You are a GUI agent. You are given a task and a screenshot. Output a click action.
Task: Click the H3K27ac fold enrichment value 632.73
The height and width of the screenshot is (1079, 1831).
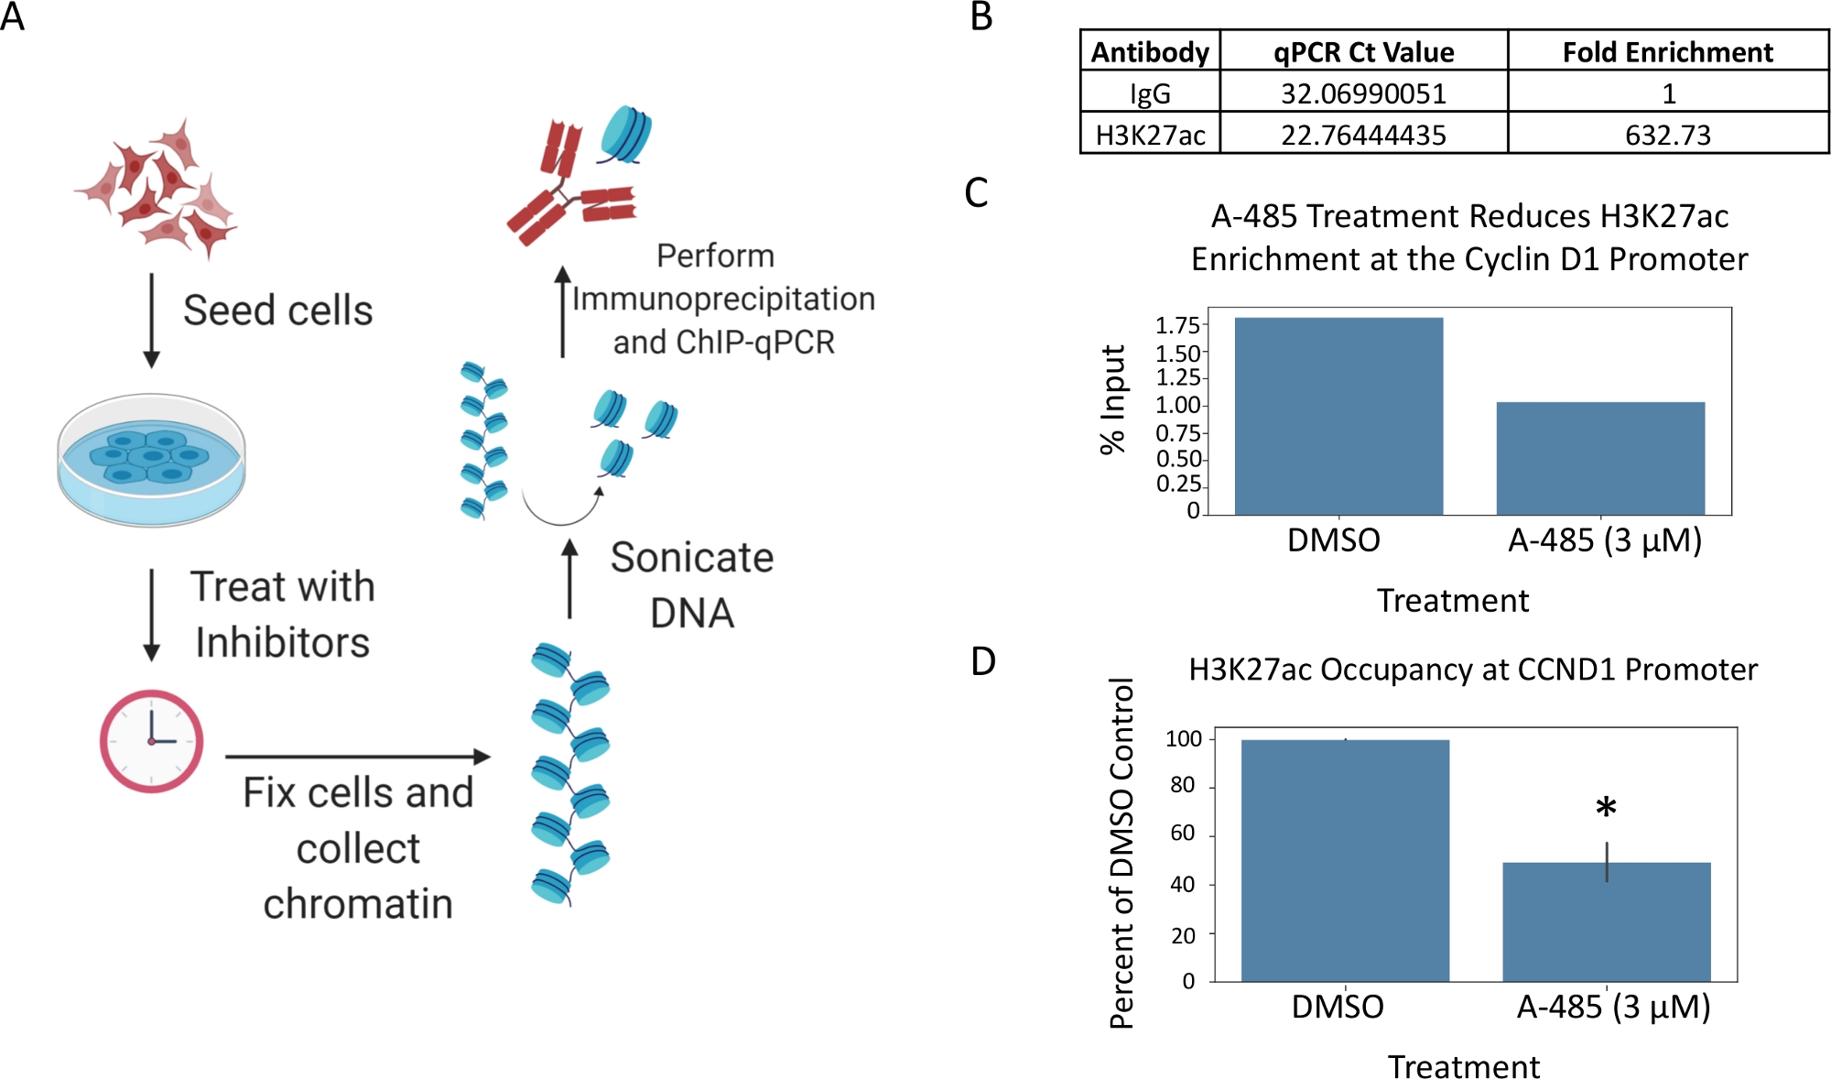click(x=1667, y=135)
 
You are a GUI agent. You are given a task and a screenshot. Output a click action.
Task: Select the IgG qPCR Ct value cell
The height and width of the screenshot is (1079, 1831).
click(x=1363, y=93)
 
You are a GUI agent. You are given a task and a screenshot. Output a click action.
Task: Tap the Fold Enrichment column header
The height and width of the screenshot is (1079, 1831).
click(x=1667, y=52)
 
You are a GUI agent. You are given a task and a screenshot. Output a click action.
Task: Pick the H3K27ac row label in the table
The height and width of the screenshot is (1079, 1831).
click(x=1150, y=135)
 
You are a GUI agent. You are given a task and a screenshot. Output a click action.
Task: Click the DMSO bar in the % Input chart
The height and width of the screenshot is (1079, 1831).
click(x=1338, y=416)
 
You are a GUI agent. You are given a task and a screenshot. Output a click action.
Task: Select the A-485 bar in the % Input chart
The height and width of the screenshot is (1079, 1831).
click(x=1600, y=458)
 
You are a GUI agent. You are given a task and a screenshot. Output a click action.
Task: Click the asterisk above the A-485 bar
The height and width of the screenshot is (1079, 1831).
click(x=1606, y=808)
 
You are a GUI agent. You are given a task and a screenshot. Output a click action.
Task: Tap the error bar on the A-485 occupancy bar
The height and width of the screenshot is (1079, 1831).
click(x=1607, y=862)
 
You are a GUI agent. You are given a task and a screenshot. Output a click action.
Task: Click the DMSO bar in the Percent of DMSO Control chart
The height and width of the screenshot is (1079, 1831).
click(x=1345, y=860)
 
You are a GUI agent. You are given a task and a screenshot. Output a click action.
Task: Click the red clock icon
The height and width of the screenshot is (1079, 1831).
click(x=151, y=741)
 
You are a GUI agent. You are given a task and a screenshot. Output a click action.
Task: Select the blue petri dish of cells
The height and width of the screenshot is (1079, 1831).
click(x=151, y=460)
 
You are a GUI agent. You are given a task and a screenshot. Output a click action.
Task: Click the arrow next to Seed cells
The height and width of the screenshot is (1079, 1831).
click(x=152, y=321)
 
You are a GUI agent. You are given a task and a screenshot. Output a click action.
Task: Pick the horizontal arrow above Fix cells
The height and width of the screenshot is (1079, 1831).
click(x=358, y=757)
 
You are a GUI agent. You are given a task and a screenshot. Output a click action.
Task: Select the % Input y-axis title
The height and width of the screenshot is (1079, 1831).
click(x=1112, y=399)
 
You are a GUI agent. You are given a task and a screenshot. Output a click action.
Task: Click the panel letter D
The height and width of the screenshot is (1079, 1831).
click(x=982, y=660)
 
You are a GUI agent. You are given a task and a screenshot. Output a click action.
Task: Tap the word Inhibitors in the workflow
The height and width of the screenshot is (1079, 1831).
click(x=282, y=642)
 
